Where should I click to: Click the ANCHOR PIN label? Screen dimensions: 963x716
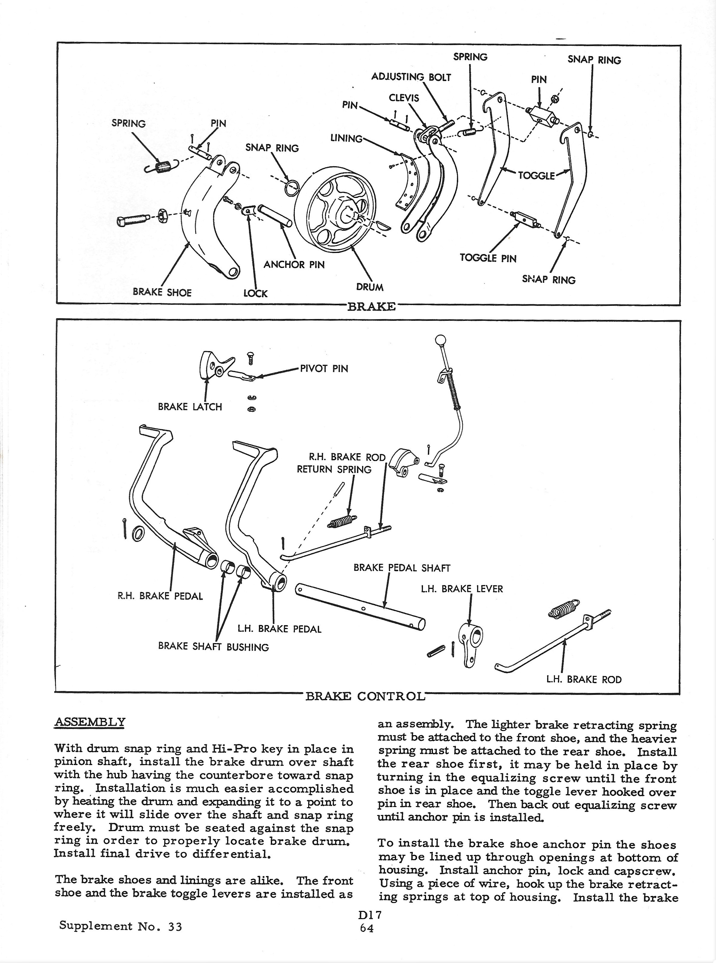[x=294, y=264]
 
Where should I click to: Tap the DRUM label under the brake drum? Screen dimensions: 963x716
[x=370, y=287]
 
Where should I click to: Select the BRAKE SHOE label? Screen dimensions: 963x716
[x=162, y=292]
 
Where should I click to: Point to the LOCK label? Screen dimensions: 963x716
[x=255, y=293]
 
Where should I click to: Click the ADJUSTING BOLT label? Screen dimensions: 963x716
[x=411, y=77]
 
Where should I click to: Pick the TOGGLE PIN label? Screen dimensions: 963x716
[x=488, y=258]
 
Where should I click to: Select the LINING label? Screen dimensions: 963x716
[x=346, y=139]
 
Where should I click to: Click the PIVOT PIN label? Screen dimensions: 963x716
[x=324, y=369]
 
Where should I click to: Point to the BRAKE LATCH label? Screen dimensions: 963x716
[x=190, y=407]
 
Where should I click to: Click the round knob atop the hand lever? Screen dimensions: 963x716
[x=440, y=339]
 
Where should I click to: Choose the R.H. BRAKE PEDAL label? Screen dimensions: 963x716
[x=160, y=596]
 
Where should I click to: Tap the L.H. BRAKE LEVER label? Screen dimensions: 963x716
[x=462, y=589]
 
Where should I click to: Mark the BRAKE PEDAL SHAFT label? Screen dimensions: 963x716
[x=402, y=568]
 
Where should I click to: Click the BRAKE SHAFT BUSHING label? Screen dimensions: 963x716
[x=213, y=647]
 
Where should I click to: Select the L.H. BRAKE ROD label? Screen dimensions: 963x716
[x=584, y=680]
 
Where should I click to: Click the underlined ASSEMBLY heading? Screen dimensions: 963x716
[x=90, y=722]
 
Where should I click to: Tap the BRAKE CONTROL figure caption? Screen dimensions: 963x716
[x=365, y=696]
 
